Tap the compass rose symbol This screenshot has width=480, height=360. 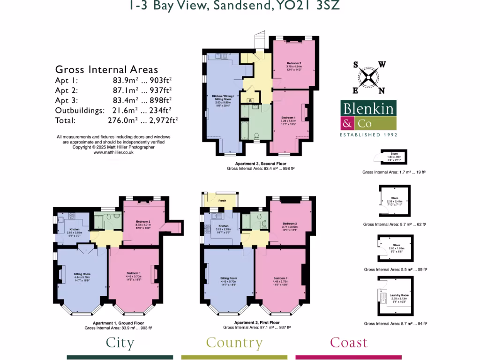click(369, 77)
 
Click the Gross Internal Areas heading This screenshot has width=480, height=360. click(106, 70)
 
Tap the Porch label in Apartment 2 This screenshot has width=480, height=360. click(222, 201)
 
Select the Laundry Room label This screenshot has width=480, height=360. click(399, 295)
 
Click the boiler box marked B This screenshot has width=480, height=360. click(251, 101)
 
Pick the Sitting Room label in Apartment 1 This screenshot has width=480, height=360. click(82, 274)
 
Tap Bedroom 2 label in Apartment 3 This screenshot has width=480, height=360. click(294, 63)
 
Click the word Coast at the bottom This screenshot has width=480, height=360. click(349, 343)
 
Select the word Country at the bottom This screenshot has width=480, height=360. click(234, 343)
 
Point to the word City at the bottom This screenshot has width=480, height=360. click(120, 343)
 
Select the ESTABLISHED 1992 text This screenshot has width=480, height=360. click(368, 135)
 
